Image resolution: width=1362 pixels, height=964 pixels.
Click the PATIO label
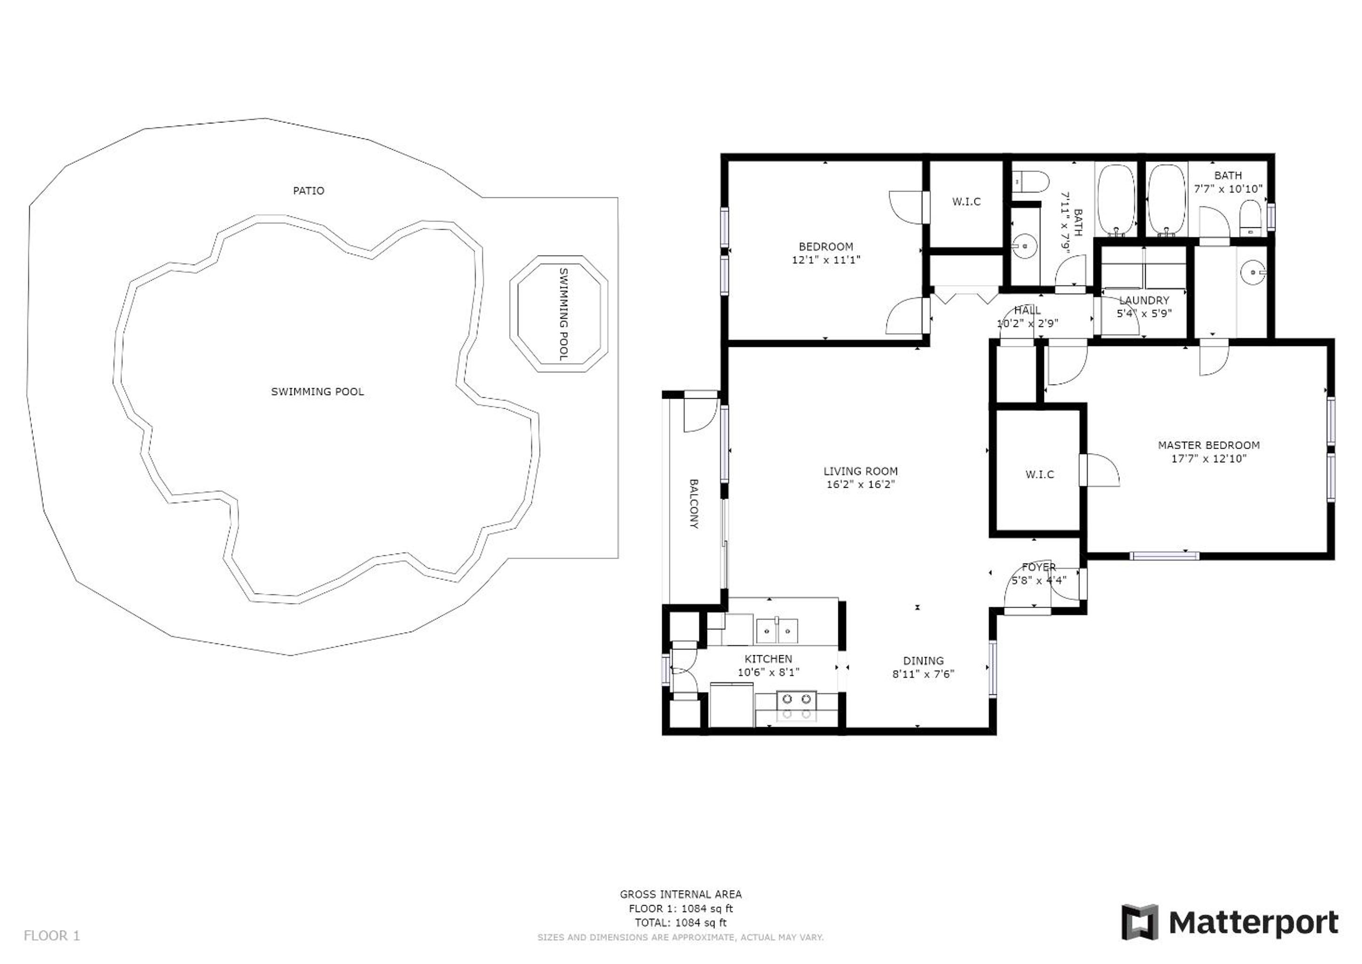[309, 191]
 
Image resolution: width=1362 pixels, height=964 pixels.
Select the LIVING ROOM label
[860, 471]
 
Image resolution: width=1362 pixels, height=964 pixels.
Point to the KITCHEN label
[768, 659]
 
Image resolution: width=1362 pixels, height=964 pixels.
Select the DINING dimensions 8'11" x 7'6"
[923, 674]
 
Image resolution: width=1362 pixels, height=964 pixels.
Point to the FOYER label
[1039, 567]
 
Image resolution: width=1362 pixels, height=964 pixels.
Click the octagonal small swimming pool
[559, 314]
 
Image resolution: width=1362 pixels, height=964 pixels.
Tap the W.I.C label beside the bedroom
[966, 202]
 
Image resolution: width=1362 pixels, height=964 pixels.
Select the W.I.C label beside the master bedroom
[1039, 474]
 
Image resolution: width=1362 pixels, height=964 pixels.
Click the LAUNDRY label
[1144, 300]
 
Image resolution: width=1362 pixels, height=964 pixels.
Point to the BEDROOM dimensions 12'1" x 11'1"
[826, 259]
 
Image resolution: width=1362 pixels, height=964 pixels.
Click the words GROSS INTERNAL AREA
[680, 894]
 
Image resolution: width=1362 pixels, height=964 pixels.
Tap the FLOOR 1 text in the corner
[52, 936]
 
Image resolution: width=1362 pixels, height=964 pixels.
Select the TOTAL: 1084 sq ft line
[680, 923]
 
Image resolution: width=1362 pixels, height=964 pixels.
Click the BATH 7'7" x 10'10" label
[1228, 182]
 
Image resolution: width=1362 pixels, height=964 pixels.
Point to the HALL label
[1027, 310]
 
